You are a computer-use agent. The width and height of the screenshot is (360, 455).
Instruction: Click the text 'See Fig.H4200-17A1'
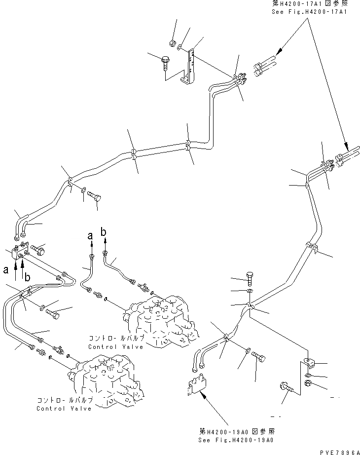pyautogui.click(x=309, y=11)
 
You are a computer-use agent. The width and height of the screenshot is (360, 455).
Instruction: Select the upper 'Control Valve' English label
pyautogui.click(x=116, y=346)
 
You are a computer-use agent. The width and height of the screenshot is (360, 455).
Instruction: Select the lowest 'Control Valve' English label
pyautogui.click(x=64, y=409)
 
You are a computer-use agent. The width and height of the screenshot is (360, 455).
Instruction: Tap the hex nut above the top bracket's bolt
pyautogui.click(x=171, y=43)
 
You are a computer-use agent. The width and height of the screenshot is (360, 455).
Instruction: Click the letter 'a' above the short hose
pyautogui.click(x=90, y=236)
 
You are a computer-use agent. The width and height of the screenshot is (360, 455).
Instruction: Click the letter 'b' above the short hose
pyautogui.click(x=103, y=230)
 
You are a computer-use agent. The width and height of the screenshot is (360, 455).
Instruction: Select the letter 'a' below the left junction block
pyautogui.click(x=6, y=270)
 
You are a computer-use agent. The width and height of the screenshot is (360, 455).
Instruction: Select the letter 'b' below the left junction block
pyautogui.click(x=28, y=277)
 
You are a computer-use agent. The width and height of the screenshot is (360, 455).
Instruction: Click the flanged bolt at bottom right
pyautogui.click(x=287, y=389)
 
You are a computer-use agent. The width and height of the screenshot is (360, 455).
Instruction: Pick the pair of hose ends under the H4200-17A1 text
pyautogui.click(x=265, y=68)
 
